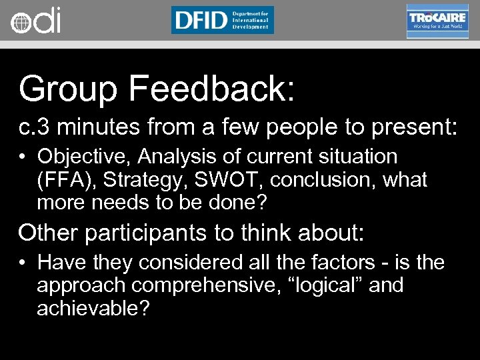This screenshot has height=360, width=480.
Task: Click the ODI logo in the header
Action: point(35,21)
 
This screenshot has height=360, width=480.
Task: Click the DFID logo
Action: point(222,20)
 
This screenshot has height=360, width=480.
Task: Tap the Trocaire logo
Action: point(437,21)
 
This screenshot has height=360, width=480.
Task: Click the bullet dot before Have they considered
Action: point(23,263)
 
